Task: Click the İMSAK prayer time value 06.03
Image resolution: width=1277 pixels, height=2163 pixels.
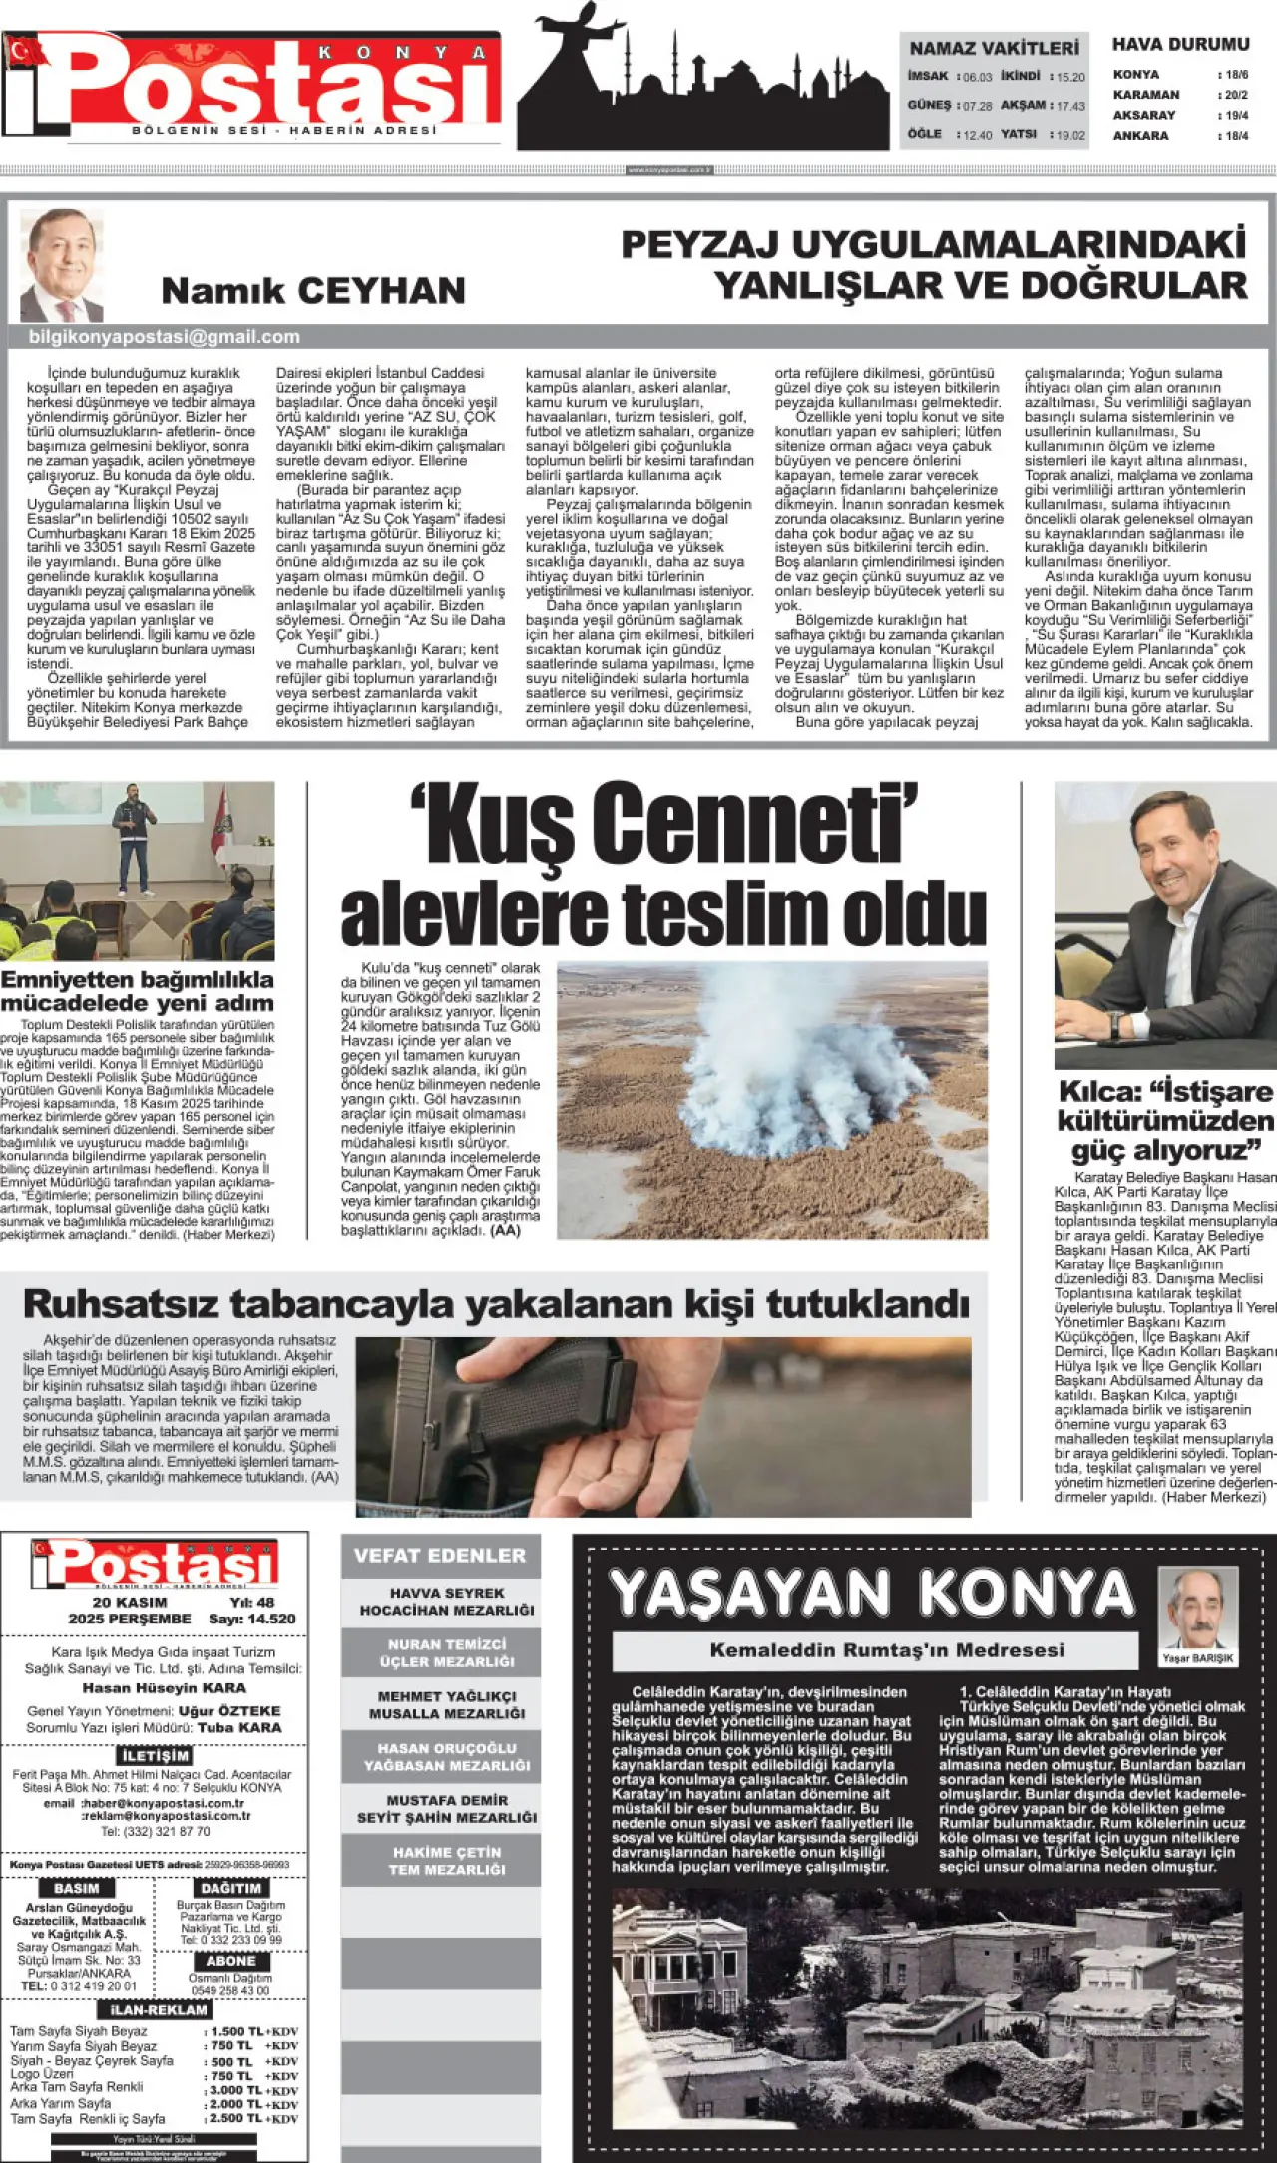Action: coord(979,77)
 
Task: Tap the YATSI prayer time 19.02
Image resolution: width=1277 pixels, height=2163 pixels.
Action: coord(1070,135)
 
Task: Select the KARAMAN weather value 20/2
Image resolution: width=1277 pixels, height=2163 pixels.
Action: coord(1237,95)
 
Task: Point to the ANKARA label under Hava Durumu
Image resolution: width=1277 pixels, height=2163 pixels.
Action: coord(1140,136)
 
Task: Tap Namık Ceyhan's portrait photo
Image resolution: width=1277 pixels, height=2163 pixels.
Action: coord(62,264)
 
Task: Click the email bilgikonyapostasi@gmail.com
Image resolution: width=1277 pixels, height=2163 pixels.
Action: coord(165,337)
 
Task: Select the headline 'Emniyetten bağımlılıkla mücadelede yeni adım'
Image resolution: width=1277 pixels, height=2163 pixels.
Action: coord(137,991)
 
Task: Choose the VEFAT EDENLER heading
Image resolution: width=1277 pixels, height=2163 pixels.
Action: coord(440,1555)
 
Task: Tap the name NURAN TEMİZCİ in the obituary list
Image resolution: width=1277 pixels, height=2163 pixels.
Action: coord(447,1644)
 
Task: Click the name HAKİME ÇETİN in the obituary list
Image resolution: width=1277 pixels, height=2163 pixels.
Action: coord(447,1852)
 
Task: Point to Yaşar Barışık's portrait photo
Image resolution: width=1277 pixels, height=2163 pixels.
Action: coord(1197,1612)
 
